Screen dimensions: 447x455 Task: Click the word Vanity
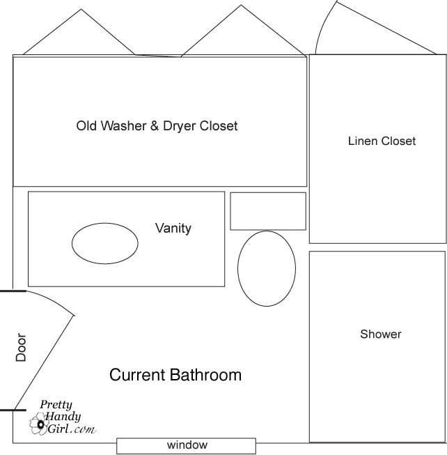(173, 228)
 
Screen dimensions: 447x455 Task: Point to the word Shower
(381, 334)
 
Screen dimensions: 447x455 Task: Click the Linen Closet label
(382, 141)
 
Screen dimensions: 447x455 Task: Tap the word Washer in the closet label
(123, 126)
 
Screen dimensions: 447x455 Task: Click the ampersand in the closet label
(155, 126)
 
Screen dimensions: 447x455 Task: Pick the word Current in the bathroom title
(137, 375)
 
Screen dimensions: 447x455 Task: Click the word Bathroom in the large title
(205, 375)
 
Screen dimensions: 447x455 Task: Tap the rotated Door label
(21, 347)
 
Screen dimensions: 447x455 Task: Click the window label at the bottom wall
(187, 445)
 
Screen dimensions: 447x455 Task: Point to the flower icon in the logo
(39, 424)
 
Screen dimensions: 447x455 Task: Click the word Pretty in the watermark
(56, 405)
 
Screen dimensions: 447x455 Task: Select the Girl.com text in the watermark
(72, 429)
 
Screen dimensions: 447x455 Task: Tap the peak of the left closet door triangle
(81, 9)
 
